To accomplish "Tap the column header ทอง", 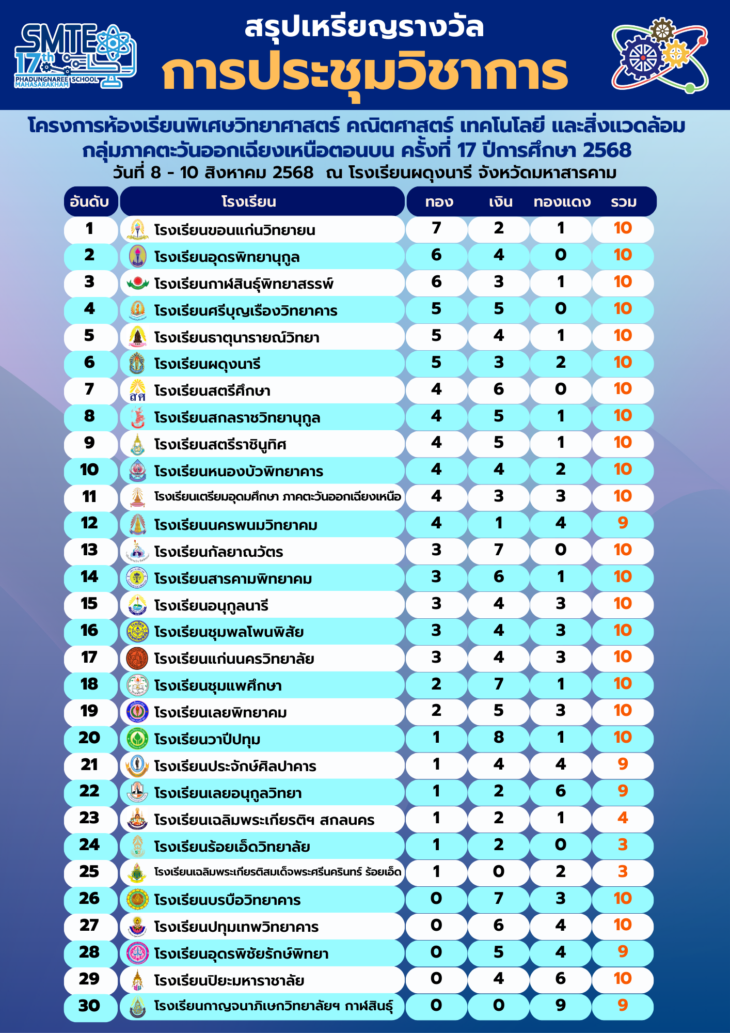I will point(439,201).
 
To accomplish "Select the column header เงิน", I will point(500,201).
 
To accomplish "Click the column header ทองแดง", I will point(562,201).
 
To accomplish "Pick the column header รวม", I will point(623,201).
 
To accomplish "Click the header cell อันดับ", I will point(89,201).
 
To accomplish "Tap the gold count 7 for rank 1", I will point(437,228).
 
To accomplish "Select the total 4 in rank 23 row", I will point(623,818).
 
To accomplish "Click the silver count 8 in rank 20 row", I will point(499,738).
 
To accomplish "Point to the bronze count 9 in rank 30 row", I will point(561,1006).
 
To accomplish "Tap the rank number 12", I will point(89,523).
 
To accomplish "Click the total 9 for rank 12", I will point(623,523).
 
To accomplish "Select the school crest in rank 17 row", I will point(137,658).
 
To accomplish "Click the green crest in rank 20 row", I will point(137,739).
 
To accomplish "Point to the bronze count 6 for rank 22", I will point(561,791).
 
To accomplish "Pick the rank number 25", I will point(89,872).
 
